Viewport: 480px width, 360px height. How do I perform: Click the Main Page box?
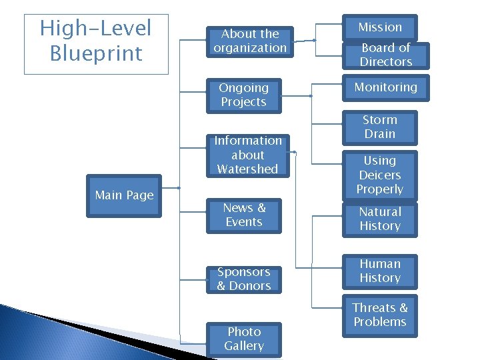124,195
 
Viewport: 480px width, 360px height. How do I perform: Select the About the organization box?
250,41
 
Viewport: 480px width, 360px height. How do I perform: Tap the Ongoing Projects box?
243,95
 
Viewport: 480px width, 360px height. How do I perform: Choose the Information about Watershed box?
247,155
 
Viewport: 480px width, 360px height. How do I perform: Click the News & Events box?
244,215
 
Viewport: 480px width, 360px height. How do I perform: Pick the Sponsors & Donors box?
244,279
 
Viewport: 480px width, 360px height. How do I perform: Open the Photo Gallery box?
244,339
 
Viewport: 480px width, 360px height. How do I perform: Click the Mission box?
380,27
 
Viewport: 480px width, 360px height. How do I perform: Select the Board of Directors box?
385,55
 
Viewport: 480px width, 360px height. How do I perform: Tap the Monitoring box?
385,87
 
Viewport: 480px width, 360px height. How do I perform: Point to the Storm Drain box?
379,127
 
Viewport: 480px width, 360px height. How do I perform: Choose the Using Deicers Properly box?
379,175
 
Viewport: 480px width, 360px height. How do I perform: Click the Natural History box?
379,219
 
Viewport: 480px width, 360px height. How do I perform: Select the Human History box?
379,271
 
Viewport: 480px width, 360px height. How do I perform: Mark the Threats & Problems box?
379,315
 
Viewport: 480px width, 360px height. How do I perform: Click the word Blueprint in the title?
96,53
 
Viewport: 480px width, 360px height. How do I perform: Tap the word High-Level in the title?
96,28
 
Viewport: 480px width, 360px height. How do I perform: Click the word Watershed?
247,169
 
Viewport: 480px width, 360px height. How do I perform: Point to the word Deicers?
379,175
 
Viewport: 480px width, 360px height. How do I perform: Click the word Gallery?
244,346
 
